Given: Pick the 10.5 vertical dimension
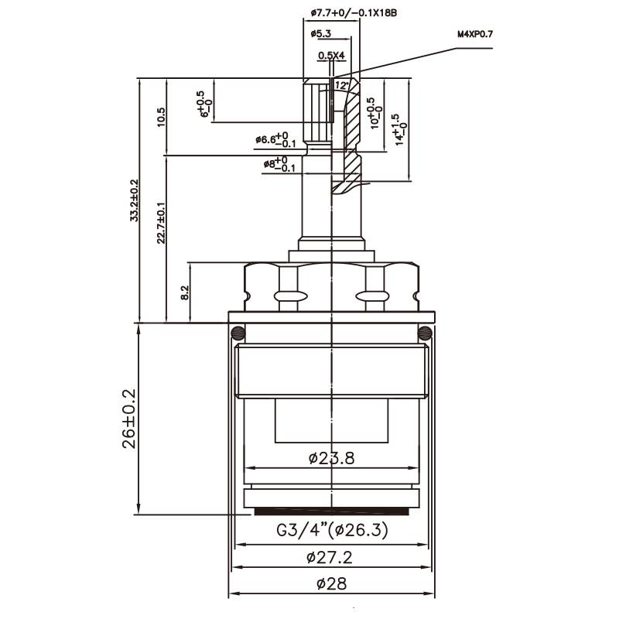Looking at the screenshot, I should [161, 117].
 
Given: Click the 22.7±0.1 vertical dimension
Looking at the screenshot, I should [161, 223].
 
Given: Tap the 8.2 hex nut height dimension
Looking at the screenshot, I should [184, 292].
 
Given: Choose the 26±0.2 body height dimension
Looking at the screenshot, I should [129, 418].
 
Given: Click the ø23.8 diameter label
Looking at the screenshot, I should [331, 458].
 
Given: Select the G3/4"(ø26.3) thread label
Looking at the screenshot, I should [332, 532].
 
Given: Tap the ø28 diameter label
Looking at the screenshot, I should [331, 584].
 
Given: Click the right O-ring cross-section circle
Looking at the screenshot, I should [424, 333].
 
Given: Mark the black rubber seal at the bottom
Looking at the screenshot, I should [331, 511].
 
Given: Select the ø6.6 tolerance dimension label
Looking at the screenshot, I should [276, 141].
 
